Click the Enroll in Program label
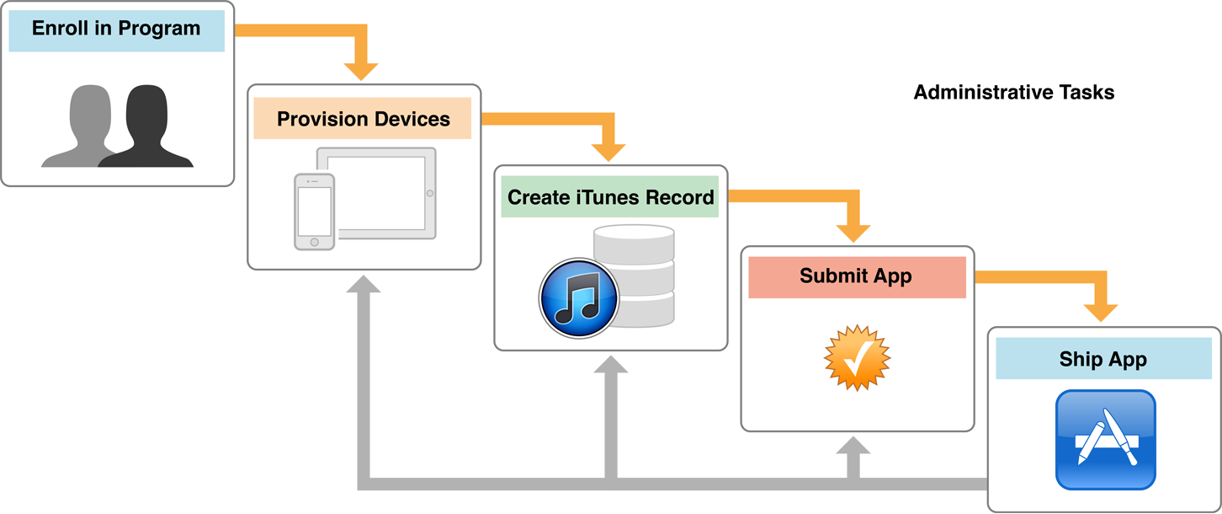point(116,29)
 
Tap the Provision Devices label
point(364,119)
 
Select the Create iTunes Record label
point(610,198)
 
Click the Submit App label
point(856,276)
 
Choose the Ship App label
point(1102,360)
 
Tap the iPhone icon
point(314,211)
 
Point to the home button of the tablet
point(429,194)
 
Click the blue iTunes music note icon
point(579,297)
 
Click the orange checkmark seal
point(856,357)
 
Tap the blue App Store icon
point(1105,440)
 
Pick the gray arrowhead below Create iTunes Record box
point(610,365)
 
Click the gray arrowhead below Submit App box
point(854,446)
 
